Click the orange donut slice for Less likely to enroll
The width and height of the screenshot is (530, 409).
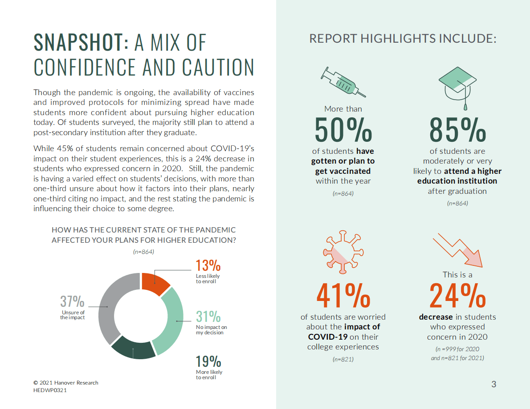click(x=155, y=283)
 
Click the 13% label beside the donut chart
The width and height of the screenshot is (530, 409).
click(x=208, y=265)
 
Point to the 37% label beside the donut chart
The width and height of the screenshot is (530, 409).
click(x=72, y=301)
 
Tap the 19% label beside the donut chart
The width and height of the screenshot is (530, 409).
click(x=208, y=361)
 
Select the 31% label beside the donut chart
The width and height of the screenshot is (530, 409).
click(x=208, y=317)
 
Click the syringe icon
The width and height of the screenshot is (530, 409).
click(x=343, y=82)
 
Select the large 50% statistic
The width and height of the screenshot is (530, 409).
click(x=343, y=129)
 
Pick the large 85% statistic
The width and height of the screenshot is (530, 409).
click(x=457, y=129)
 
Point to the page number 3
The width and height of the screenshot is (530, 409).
click(x=493, y=384)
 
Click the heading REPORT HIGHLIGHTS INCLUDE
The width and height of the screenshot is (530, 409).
click(x=403, y=39)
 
